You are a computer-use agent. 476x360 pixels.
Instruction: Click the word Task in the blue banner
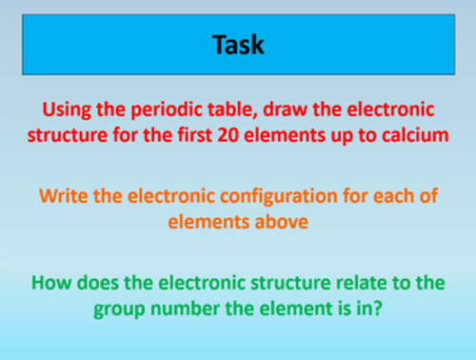(x=238, y=45)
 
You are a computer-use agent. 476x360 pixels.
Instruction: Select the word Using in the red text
(x=63, y=111)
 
